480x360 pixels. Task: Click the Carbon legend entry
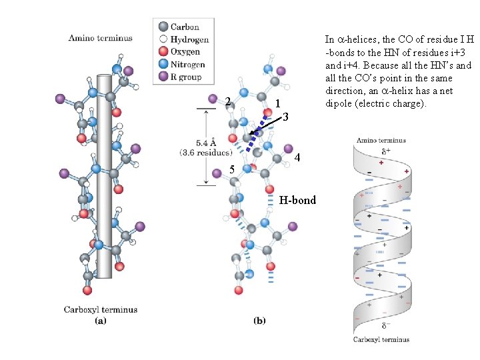(x=184, y=27)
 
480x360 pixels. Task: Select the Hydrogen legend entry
(x=189, y=39)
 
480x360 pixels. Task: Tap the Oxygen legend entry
(x=185, y=52)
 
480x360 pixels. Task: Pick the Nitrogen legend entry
(x=187, y=65)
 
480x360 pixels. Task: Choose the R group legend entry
(x=186, y=77)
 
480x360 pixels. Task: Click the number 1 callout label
(x=277, y=103)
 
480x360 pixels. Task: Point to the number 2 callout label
(x=228, y=102)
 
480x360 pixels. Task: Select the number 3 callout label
(x=285, y=117)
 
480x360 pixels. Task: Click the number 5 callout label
(x=232, y=169)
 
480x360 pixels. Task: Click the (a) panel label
(x=100, y=321)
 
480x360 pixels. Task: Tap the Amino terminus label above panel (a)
(x=100, y=38)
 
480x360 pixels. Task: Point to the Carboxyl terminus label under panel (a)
(x=101, y=309)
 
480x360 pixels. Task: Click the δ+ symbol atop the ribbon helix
(x=386, y=151)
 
